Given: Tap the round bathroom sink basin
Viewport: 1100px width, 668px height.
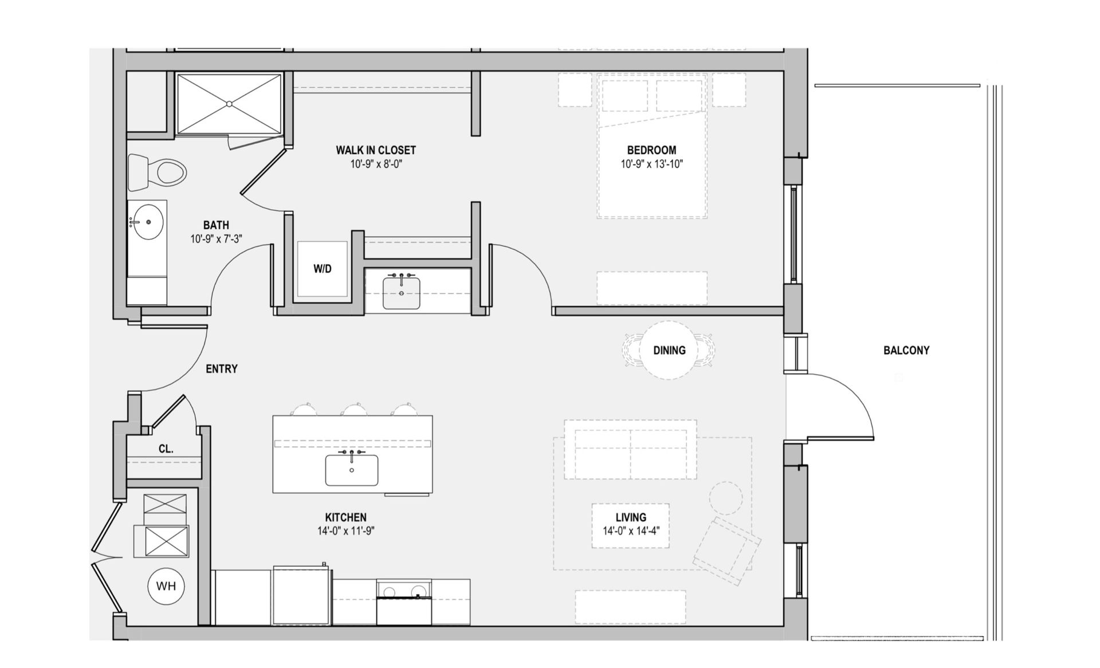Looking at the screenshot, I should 148,222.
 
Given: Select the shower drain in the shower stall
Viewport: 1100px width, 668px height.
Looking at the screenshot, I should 229,104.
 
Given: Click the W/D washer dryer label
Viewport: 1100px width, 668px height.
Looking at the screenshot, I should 322,269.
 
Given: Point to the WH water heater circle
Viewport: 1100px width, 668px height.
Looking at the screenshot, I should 166,586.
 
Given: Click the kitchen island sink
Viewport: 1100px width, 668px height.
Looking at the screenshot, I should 351,470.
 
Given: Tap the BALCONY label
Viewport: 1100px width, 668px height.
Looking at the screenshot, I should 906,350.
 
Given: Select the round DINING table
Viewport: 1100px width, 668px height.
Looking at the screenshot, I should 669,350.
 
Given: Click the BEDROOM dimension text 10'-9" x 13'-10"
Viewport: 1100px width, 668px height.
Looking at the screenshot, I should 651,164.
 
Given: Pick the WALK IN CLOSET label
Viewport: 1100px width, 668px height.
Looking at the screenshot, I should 375,150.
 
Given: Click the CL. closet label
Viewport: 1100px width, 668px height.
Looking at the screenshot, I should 166,449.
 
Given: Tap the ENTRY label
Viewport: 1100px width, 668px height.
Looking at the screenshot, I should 221,369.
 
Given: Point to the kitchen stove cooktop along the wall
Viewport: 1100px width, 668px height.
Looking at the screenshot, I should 404,591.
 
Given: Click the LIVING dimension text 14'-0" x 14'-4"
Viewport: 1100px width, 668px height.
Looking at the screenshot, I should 631,531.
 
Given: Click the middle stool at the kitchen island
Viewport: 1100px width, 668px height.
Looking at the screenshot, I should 355,409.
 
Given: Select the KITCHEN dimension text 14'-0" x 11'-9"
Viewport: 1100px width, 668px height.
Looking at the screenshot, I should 345,531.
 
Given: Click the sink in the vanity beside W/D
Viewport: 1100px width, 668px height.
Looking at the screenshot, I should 401,293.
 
